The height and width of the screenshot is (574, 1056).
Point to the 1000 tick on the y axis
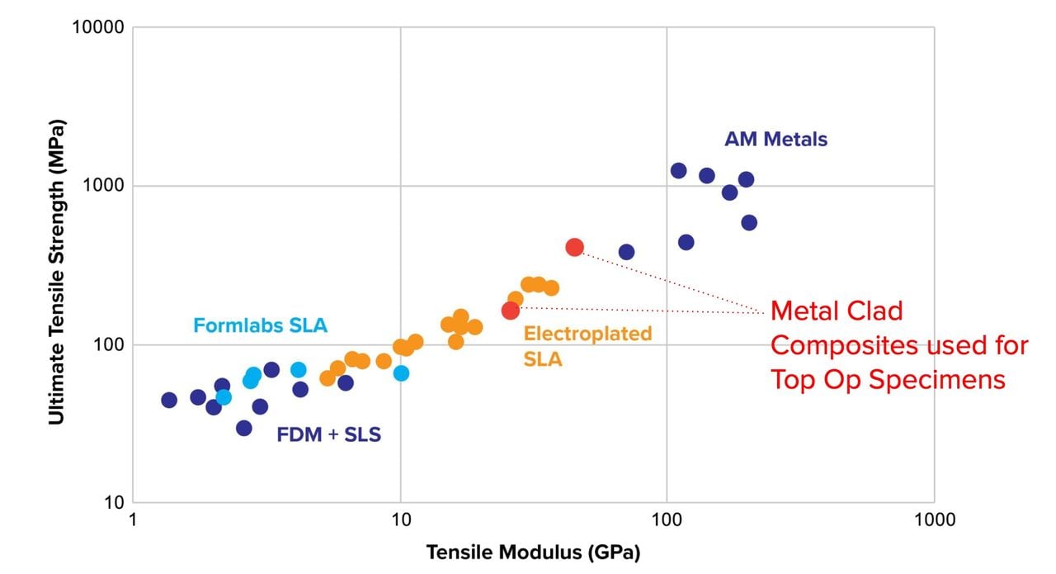104,187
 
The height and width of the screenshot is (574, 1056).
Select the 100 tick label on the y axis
108,345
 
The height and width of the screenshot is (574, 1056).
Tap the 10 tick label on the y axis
112,503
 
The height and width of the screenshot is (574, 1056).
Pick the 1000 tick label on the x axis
933,519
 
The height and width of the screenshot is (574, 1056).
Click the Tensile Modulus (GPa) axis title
533,552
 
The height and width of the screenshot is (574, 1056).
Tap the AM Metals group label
775,140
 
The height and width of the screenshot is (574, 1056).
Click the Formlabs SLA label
260,325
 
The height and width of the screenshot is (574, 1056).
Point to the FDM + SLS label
329,434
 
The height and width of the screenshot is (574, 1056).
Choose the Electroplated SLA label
587,346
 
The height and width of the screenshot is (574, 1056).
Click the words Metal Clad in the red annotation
837,311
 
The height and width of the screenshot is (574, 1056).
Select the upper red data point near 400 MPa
575,247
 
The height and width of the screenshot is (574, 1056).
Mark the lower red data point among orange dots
511,311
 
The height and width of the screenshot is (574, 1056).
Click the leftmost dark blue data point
169,401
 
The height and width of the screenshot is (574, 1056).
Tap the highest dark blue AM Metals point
679,171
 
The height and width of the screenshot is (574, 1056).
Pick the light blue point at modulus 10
401,373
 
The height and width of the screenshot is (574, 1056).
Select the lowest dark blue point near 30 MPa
243,428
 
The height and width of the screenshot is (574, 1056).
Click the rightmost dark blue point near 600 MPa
749,223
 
